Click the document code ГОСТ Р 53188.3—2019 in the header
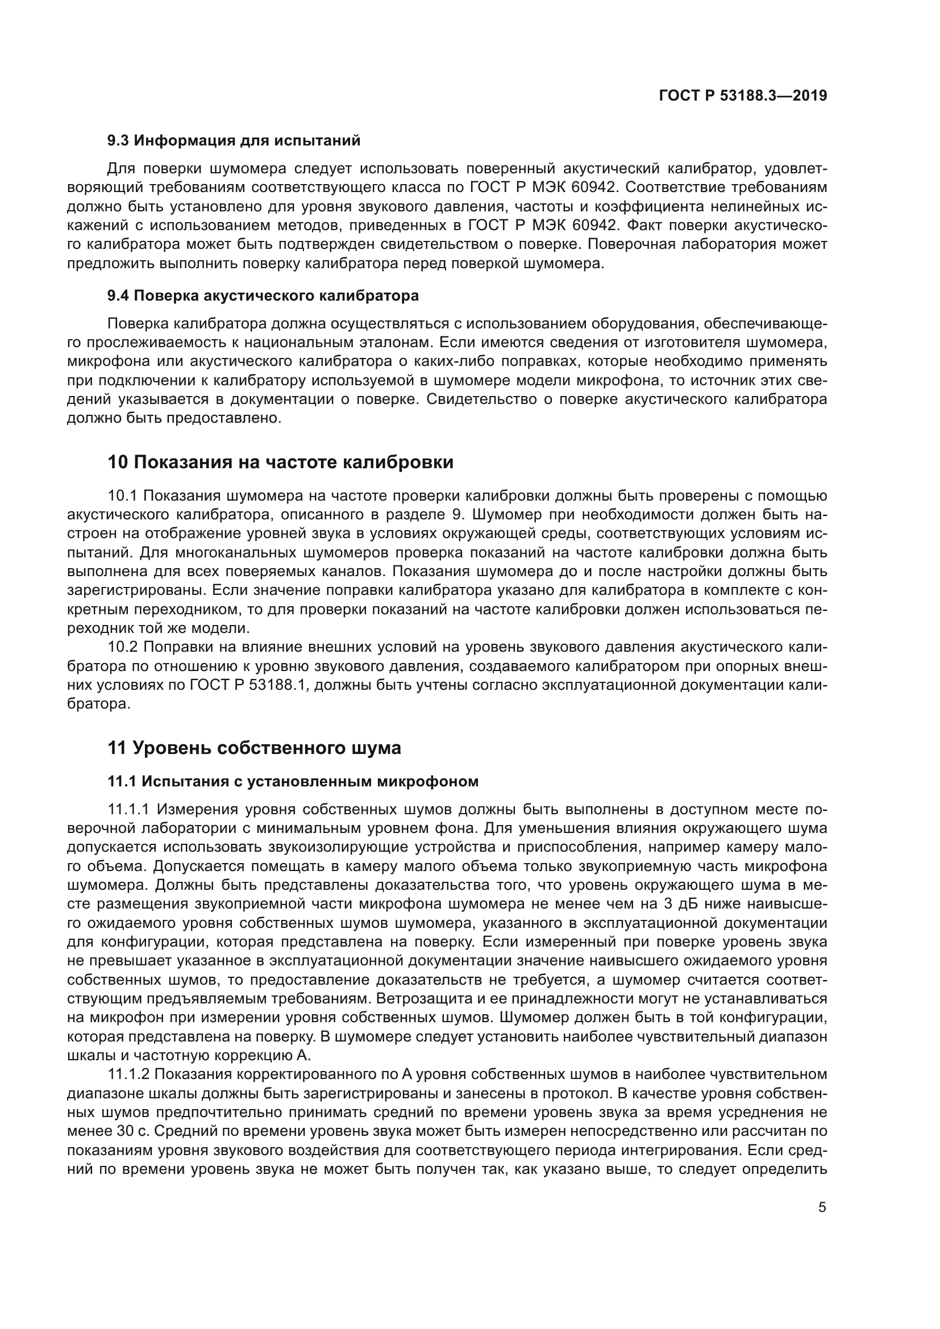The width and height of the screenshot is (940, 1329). click(x=743, y=96)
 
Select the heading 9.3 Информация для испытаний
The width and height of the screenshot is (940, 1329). click(x=234, y=141)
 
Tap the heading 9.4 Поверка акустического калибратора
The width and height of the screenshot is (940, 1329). click(x=263, y=296)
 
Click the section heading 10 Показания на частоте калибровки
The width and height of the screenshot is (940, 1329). click(x=281, y=463)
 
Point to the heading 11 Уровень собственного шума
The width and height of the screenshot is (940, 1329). click(x=254, y=748)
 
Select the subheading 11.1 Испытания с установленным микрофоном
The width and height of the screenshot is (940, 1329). click(x=293, y=781)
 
